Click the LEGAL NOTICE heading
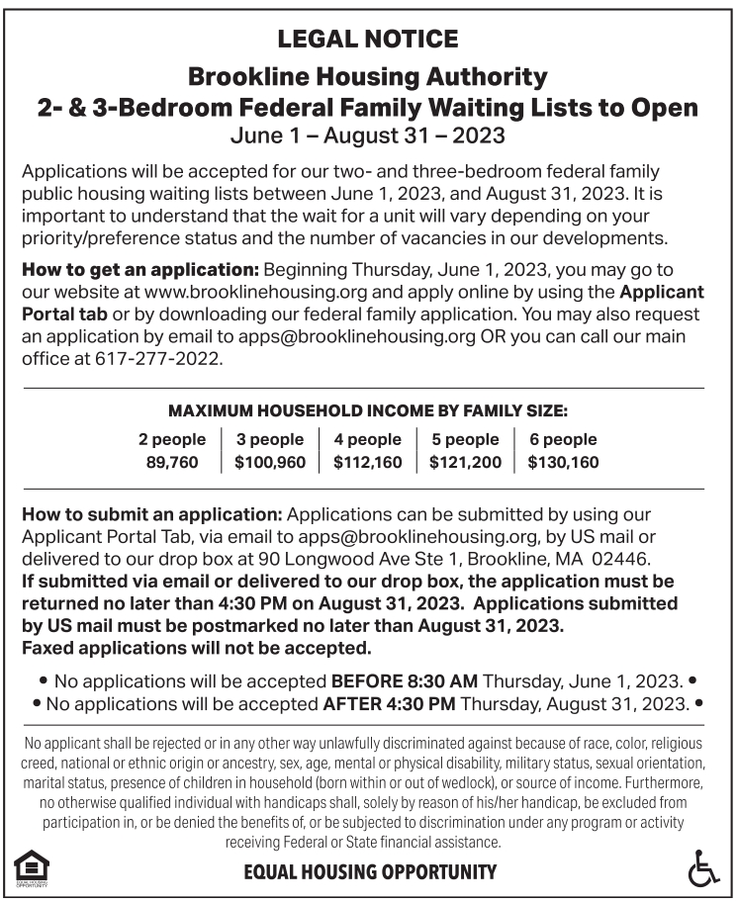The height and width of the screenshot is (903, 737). [x=368, y=40]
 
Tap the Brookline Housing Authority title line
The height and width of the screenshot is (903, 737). [x=368, y=75]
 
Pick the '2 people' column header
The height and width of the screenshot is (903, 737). [x=172, y=439]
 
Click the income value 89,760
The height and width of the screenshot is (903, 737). [x=172, y=462]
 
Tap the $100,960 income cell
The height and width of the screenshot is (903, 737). [x=270, y=462]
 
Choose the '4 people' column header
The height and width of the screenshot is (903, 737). [x=368, y=439]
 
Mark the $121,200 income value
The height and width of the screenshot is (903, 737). [x=465, y=462]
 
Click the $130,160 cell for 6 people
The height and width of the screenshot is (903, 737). [x=563, y=462]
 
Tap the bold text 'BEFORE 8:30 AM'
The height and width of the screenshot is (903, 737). [x=405, y=681]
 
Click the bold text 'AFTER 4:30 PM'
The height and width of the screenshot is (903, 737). [x=390, y=704]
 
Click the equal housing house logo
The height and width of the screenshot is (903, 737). [x=31, y=867]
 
